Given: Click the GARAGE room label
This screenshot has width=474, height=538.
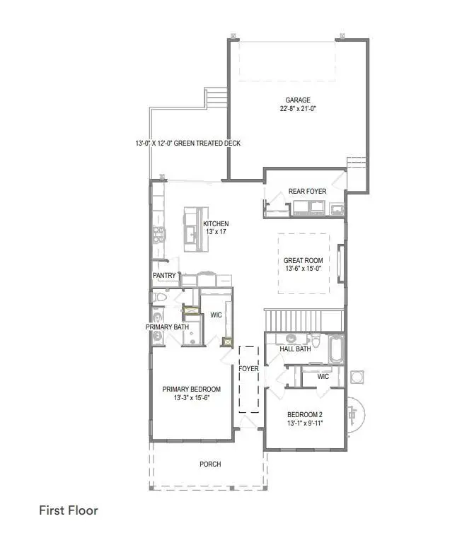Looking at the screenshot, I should (297, 100).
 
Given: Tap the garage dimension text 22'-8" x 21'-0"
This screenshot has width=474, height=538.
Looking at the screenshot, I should (297, 109).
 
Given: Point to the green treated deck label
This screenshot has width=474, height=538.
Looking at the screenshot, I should (188, 144).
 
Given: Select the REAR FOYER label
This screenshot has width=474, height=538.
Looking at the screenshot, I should (306, 192).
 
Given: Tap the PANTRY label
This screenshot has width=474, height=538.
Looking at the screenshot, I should (164, 275).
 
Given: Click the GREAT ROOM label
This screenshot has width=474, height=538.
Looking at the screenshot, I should (303, 259).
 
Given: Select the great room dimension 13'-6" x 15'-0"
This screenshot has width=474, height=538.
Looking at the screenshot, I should (303, 269).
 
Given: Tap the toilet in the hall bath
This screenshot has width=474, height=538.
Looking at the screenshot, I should (317, 345).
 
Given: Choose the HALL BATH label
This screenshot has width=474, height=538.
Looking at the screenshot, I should (294, 349).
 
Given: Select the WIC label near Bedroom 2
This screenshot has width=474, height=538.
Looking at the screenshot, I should (323, 376).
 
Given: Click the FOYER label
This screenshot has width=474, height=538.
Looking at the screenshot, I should (248, 368).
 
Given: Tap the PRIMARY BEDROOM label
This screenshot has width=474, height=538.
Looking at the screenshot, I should (191, 389).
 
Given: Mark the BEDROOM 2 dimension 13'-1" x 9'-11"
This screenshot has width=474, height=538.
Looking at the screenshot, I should (306, 423).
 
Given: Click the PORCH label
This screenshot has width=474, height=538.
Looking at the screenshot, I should (210, 464).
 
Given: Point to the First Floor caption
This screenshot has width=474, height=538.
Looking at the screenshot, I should (68, 510).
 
